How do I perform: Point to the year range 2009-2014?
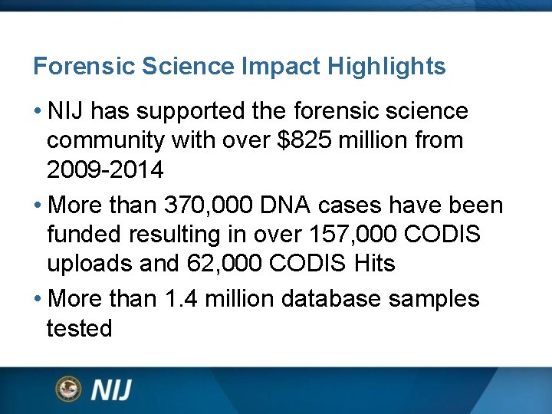105,169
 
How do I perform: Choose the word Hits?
375,264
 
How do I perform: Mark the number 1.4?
181,298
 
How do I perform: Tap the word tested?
80,328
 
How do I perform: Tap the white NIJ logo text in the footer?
112,389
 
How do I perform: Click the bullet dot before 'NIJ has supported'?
38,111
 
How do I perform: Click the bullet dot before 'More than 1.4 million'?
38,298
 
